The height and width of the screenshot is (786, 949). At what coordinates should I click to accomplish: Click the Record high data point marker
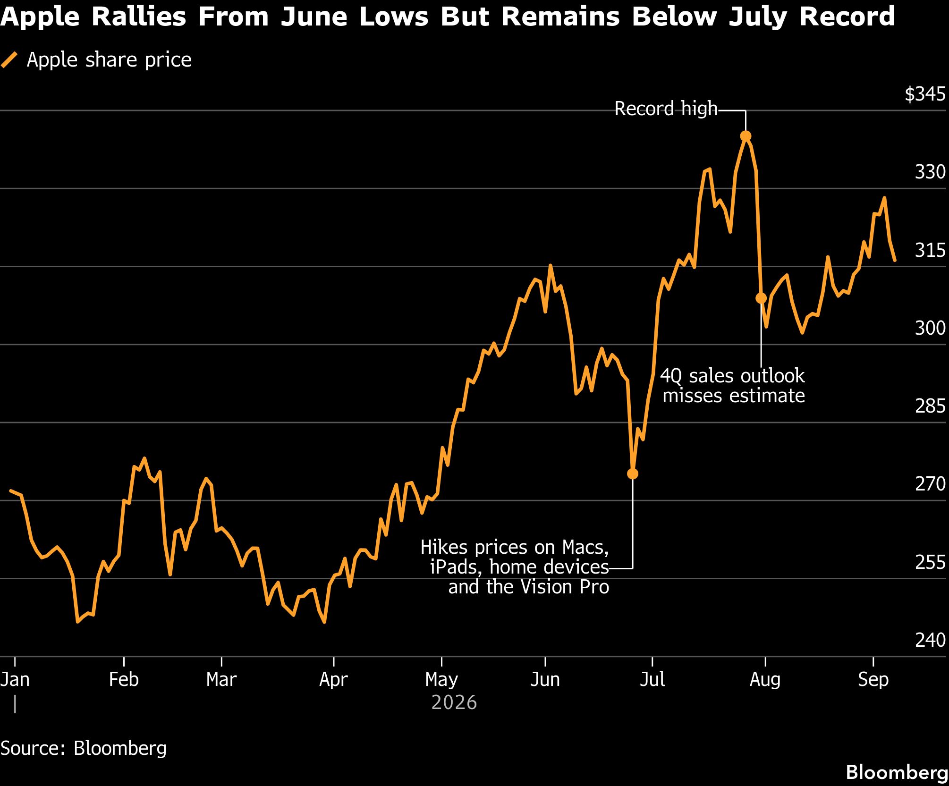click(x=746, y=136)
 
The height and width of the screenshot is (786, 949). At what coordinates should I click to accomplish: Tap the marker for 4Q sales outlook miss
click(x=761, y=298)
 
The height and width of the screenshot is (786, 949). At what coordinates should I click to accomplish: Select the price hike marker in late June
click(x=632, y=473)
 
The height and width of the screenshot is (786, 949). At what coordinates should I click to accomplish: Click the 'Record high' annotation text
click(x=666, y=109)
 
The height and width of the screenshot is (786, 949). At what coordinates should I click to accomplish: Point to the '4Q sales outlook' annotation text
click(x=732, y=376)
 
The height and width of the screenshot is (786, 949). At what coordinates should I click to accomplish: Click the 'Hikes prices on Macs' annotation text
click(x=515, y=547)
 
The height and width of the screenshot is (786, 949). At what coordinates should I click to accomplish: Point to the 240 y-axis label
click(x=930, y=640)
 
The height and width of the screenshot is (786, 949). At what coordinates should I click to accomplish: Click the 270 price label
click(x=930, y=484)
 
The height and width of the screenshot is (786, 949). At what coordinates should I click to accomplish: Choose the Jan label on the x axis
click(x=15, y=679)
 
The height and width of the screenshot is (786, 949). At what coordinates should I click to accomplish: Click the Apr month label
click(x=333, y=680)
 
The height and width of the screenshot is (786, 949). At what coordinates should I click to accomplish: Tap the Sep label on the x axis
click(x=873, y=680)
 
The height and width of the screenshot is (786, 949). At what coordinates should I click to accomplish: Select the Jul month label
click(x=652, y=679)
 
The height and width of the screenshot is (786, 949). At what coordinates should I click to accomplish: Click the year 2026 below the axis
click(x=454, y=703)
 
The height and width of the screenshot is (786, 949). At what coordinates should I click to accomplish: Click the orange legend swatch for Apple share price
click(x=9, y=60)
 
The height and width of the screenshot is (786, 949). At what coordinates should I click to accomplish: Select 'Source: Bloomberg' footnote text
click(x=84, y=748)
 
